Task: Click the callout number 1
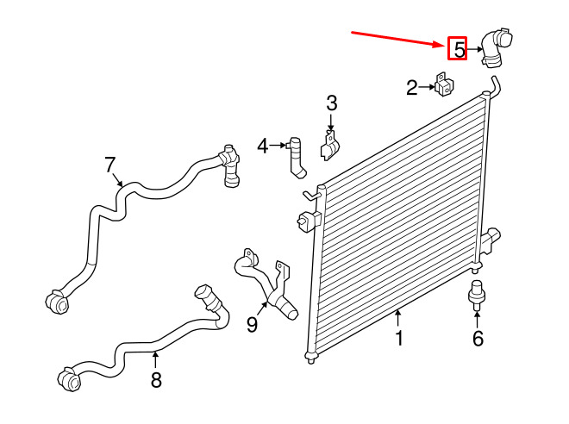coord(399,339)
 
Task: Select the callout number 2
coord(412,87)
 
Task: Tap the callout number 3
coord(331,104)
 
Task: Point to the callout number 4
coord(263,147)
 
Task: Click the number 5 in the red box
coord(459,50)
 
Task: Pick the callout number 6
coord(478,339)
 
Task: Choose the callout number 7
coord(109,164)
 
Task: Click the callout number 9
coord(252,324)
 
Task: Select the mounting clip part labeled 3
coord(329,147)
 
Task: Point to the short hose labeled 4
coord(297,157)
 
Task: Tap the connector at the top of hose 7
coord(230,164)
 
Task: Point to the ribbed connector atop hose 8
coord(207,297)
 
